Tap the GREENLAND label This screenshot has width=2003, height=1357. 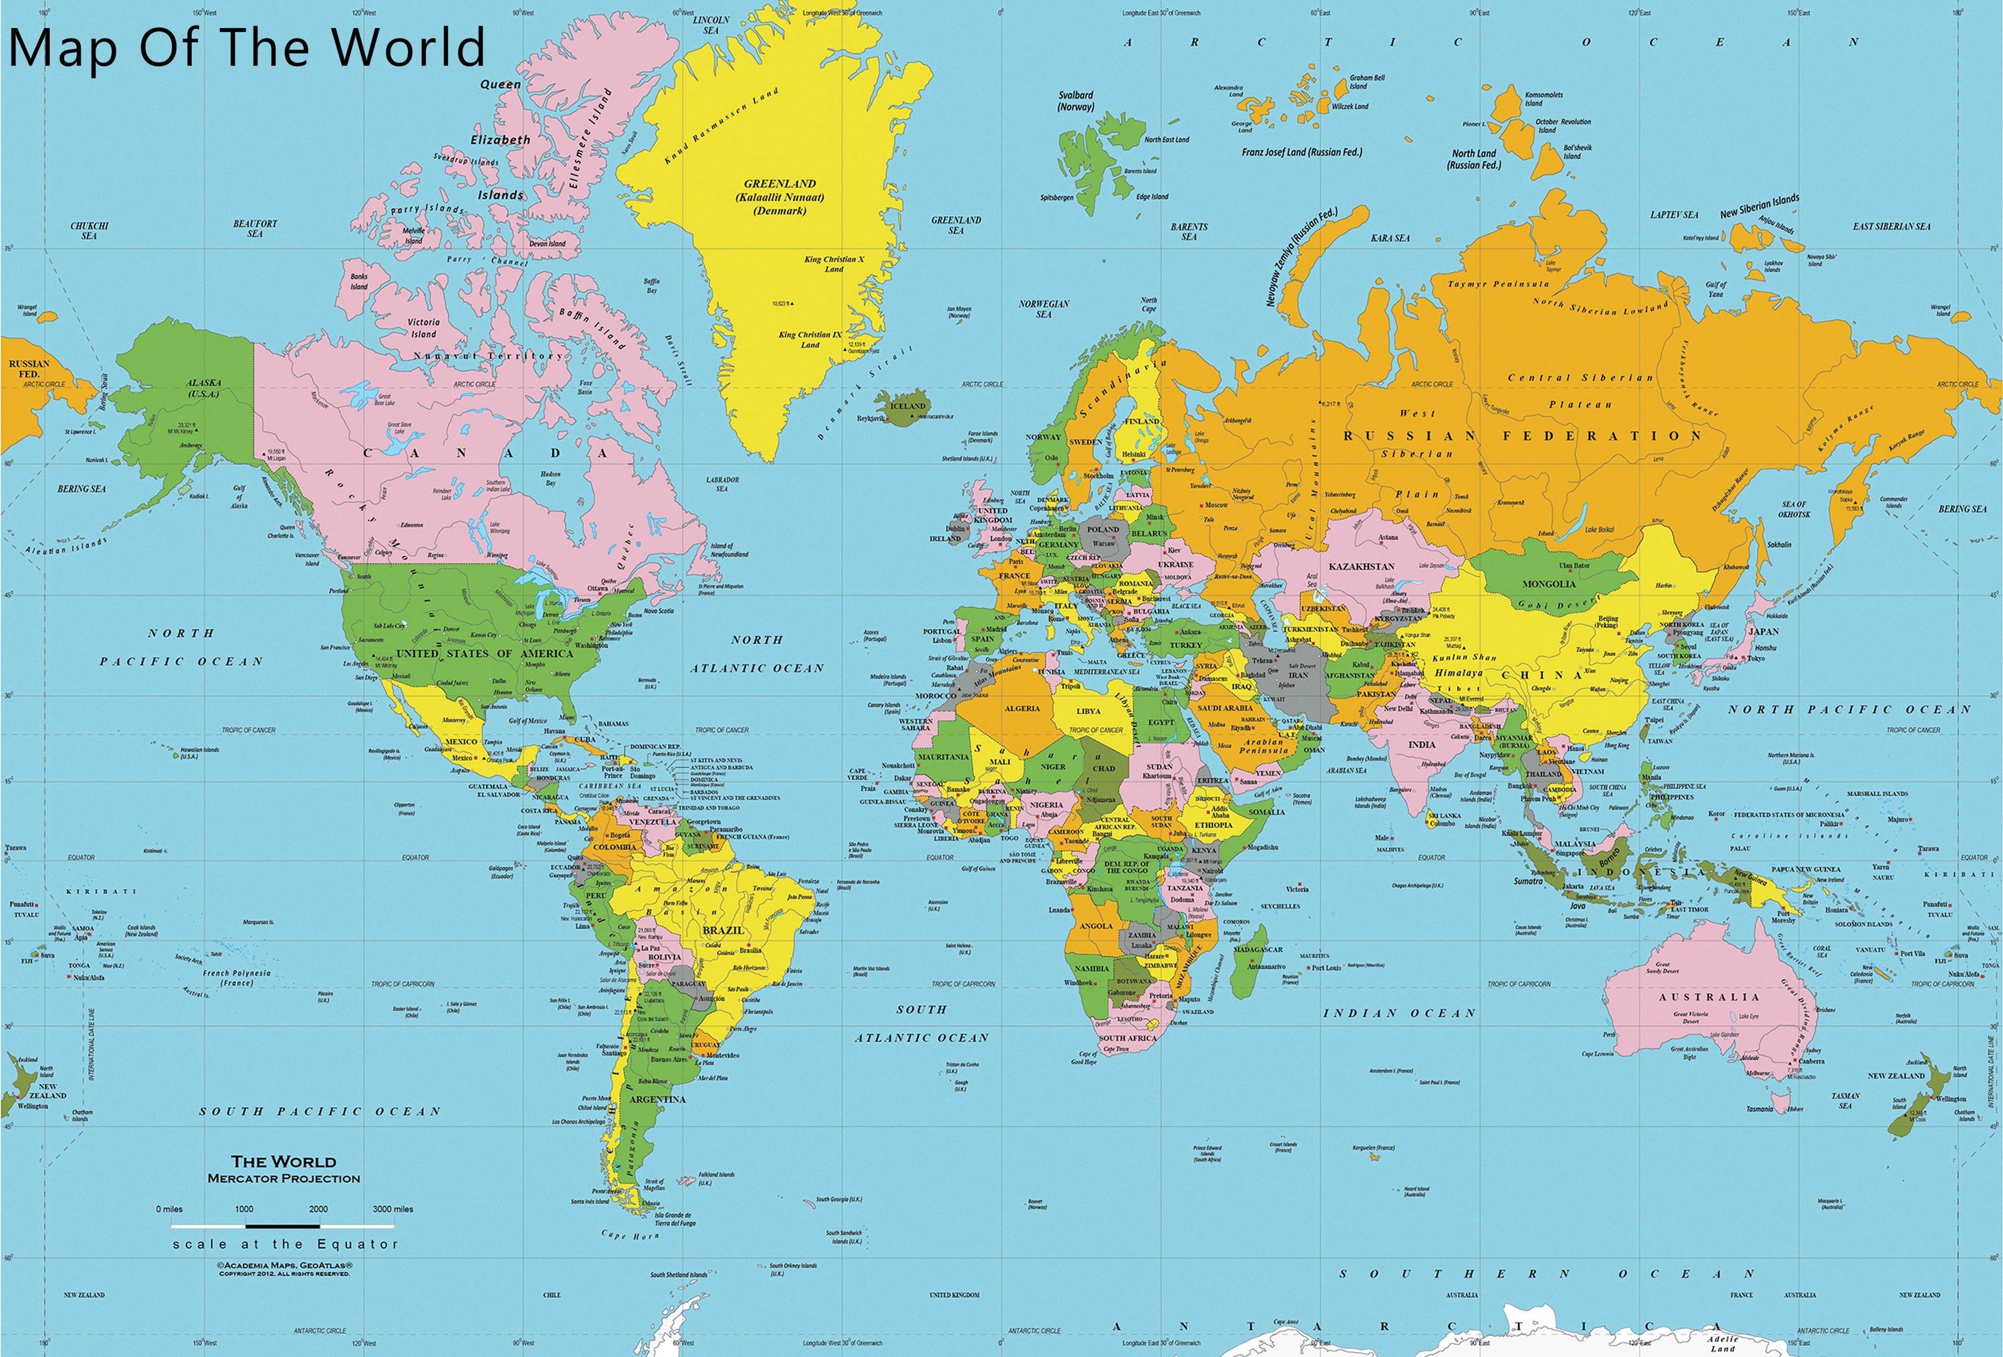click(x=780, y=184)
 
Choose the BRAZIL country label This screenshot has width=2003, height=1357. click(x=722, y=931)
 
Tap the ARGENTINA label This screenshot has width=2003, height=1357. click(x=657, y=1099)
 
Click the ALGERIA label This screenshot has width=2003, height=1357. click(x=1022, y=708)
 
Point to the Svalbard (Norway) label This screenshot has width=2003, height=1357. click(x=1076, y=101)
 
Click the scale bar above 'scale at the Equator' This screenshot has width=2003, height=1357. click(x=283, y=1225)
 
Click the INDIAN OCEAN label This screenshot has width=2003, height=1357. click(x=1399, y=1013)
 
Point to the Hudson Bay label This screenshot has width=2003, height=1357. click(x=550, y=478)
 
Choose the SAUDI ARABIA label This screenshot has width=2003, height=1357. click(x=1226, y=708)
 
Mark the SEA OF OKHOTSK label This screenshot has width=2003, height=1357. click(x=1794, y=509)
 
